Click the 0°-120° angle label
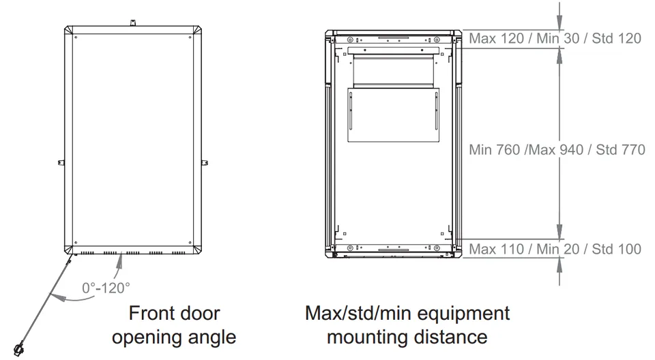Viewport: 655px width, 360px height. click(106, 288)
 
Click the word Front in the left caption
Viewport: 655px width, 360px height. click(153, 313)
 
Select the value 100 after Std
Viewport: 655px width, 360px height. click(629, 250)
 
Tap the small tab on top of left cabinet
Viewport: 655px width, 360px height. click(133, 22)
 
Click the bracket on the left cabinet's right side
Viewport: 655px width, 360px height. click(205, 163)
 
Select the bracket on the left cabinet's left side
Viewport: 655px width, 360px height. click(61, 163)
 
